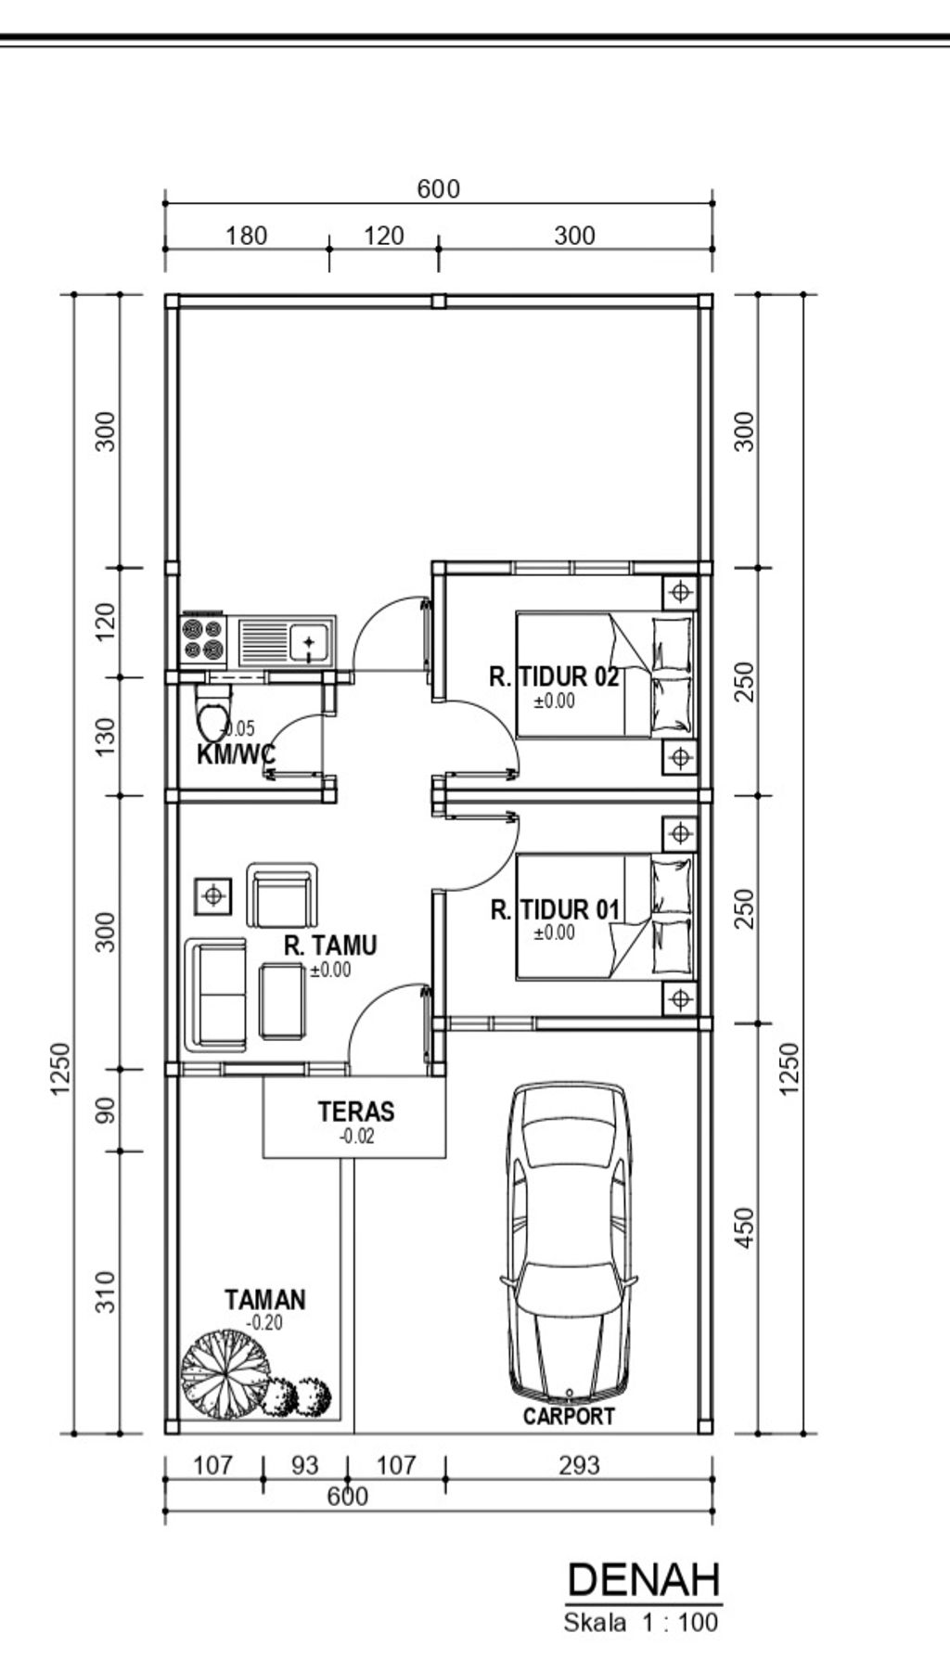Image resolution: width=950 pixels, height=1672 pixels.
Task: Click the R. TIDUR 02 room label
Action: (554, 676)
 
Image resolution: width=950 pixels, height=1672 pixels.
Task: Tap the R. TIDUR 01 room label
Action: (555, 910)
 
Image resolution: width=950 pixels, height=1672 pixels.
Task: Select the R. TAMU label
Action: (330, 945)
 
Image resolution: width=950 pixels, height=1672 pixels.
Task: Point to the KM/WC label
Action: (236, 753)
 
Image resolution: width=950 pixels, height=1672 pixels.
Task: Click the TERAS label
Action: (356, 1111)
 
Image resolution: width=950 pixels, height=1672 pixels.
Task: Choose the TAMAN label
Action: (265, 1300)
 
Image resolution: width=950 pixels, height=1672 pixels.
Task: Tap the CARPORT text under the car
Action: (569, 1416)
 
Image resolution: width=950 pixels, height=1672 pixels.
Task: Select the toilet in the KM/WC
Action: (213, 714)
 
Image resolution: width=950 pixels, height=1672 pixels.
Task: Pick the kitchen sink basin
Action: (308, 642)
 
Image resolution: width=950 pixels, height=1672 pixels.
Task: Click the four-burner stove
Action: (203, 640)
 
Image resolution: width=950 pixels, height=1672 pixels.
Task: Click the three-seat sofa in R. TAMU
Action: (215, 995)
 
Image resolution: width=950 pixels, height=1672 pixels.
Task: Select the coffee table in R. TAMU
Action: (282, 1000)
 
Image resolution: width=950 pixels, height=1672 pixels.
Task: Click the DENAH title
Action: (643, 1579)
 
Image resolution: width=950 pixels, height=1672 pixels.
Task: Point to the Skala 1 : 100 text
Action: (640, 1622)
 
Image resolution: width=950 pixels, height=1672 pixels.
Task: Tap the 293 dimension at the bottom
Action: (579, 1466)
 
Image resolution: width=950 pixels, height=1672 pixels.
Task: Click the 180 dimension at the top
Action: (246, 236)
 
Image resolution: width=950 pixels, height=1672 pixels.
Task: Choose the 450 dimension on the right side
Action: (745, 1228)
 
